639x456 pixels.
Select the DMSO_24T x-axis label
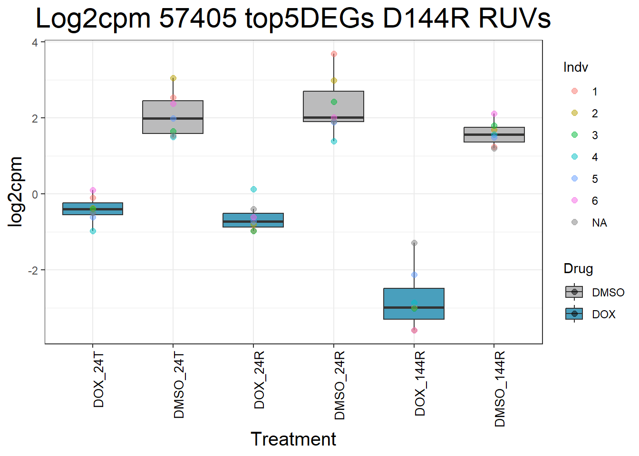tap(179, 385)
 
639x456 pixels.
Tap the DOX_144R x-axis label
tap(420, 384)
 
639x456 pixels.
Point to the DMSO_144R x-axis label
tap(500, 389)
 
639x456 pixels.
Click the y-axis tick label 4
tap(35, 43)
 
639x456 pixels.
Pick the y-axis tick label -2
tap(33, 270)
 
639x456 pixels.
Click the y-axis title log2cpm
tap(16, 191)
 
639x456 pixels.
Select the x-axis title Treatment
tap(293, 439)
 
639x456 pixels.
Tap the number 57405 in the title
tap(198, 19)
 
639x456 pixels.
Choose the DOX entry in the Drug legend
tap(603, 314)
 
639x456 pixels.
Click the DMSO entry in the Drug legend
tap(608, 292)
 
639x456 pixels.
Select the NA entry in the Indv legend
tap(599, 223)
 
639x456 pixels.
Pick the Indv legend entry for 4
tap(594, 157)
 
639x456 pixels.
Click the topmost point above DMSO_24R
tap(334, 54)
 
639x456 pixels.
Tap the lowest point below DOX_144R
tap(414, 330)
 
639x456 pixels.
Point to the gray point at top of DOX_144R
tap(414, 243)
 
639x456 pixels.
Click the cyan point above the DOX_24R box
tap(253, 190)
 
